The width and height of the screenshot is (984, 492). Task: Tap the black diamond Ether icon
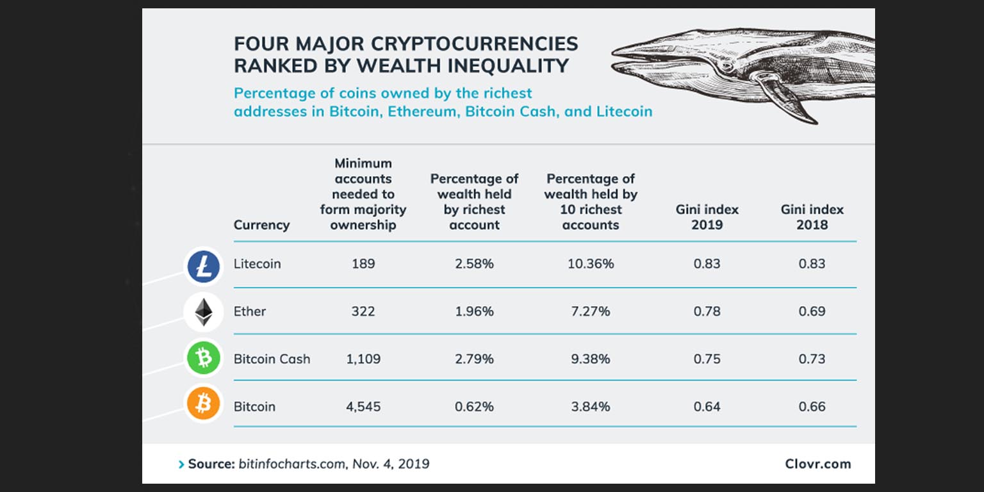[204, 312]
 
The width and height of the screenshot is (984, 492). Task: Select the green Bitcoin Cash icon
[204, 358]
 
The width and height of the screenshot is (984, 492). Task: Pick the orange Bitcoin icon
[204, 404]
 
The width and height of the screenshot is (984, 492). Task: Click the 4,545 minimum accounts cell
[363, 407]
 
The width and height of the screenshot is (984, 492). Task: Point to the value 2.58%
[474, 264]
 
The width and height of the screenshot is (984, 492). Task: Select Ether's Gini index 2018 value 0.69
[812, 311]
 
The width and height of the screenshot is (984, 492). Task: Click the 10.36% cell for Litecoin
[591, 264]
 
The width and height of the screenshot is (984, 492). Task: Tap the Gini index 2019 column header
[707, 217]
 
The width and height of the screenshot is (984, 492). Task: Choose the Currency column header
[261, 225]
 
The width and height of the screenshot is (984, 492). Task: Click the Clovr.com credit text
[818, 464]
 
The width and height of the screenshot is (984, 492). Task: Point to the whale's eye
[726, 65]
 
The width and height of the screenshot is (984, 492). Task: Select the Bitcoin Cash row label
[272, 359]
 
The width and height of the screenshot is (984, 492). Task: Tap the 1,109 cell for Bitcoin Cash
[363, 359]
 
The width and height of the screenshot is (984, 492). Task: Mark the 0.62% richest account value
[474, 407]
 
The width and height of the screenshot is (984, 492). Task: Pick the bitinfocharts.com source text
[291, 464]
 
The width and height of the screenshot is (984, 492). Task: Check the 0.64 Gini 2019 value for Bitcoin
[707, 407]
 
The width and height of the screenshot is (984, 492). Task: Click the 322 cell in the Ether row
[363, 311]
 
